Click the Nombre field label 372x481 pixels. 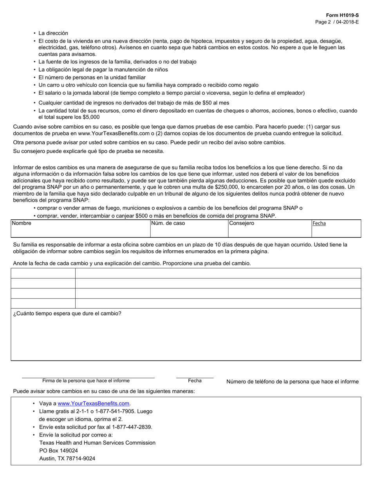(x=22, y=223)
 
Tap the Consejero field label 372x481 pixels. (x=242, y=223)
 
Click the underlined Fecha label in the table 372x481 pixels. (x=319, y=223)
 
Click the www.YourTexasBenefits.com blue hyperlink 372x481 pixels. (x=94, y=404)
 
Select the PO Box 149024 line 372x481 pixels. (x=58, y=450)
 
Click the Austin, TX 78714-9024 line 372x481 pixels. (x=67, y=458)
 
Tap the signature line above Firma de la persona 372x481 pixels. (x=88, y=378)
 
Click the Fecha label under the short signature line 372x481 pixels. (x=195, y=380)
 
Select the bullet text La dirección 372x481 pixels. (x=53, y=33)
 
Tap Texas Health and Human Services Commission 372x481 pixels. (x=98, y=443)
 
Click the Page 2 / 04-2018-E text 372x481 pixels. (x=337, y=22)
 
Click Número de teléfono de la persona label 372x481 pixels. (x=292, y=382)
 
